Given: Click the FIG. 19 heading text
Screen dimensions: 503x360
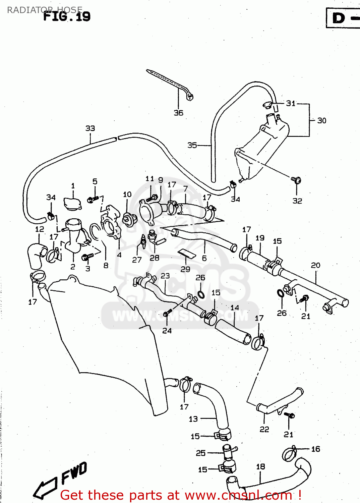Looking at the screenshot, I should [67, 16].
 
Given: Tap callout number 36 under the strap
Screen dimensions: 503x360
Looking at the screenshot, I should [178, 113].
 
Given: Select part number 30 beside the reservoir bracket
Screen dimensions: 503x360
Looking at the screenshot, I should [321, 120].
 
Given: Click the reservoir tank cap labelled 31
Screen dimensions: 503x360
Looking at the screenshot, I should [267, 105].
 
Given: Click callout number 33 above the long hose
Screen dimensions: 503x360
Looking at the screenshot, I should [90, 128].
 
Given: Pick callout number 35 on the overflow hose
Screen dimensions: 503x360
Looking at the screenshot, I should [192, 145].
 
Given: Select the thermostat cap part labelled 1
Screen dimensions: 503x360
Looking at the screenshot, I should [72, 204].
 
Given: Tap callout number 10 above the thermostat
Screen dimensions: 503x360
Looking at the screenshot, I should [127, 194].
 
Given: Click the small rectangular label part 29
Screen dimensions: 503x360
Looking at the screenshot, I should [187, 254].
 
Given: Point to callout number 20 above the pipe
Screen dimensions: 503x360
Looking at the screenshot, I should [315, 265].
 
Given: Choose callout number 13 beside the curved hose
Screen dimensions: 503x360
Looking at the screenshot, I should [193, 419].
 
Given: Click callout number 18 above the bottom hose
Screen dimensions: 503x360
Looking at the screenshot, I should [260, 466].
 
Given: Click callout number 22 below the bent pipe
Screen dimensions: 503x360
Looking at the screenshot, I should [264, 429].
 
